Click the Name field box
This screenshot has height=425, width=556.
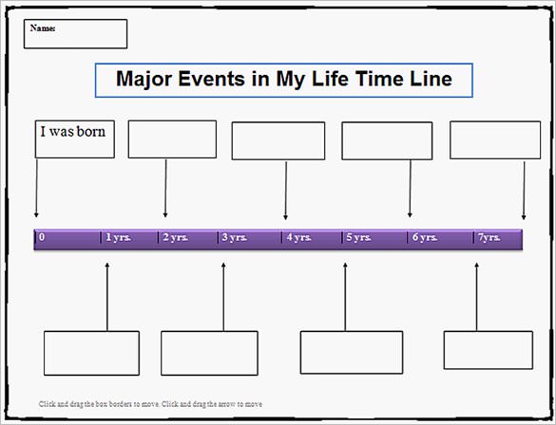(x=75, y=34)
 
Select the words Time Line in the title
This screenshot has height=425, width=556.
(x=411, y=79)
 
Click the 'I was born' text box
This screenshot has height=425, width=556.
(x=74, y=139)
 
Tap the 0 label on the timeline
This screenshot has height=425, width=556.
(x=42, y=237)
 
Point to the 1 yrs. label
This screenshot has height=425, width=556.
(x=118, y=237)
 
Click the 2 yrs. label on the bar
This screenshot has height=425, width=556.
(x=176, y=237)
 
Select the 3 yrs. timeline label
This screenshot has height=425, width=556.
(x=234, y=237)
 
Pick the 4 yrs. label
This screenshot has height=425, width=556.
(x=297, y=237)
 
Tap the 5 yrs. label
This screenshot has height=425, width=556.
(x=358, y=237)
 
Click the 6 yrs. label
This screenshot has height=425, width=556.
(x=423, y=237)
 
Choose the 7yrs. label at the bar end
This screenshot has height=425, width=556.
(x=489, y=237)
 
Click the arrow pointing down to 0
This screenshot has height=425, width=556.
(x=36, y=190)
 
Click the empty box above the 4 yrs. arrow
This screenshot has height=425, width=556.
(x=278, y=140)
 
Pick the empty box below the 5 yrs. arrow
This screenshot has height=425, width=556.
(x=351, y=352)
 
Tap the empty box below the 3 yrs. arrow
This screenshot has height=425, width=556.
(x=209, y=353)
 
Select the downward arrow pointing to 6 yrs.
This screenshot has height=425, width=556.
(x=410, y=190)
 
